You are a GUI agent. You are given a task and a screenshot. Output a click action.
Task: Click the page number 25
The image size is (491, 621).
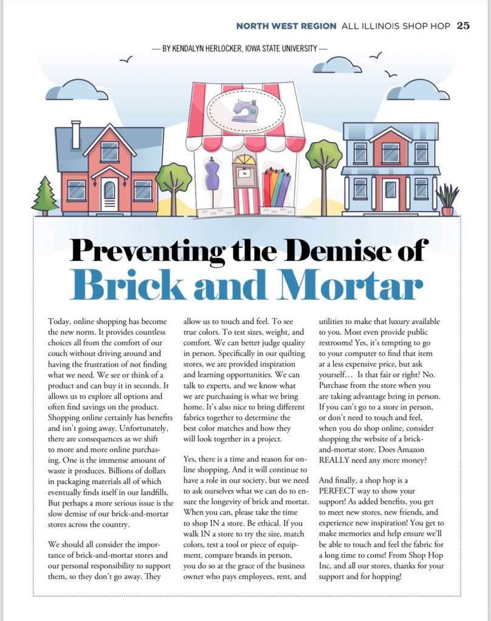[463, 25]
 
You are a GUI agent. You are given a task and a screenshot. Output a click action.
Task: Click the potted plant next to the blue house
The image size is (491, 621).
[447, 200]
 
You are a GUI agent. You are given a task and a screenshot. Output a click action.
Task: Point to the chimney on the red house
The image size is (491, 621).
[76, 134]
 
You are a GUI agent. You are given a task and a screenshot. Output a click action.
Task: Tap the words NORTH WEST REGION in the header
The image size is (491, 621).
[286, 25]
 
